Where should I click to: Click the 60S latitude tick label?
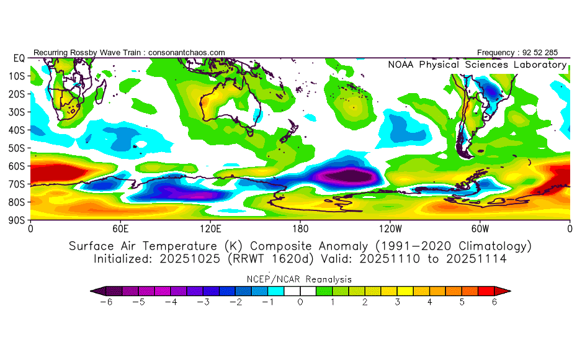pos(17,166)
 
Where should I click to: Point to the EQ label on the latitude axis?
pos(19,58)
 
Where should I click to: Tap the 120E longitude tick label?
pos(210,228)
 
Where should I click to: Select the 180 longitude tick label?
pos(300,228)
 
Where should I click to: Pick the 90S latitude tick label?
pos(17,220)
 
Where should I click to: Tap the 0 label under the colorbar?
pos(300,302)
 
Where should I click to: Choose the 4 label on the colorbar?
pos(429,302)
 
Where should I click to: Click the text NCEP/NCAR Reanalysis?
pos(300,279)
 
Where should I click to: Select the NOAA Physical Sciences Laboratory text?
pos(476,65)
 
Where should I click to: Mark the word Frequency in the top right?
pos(498,52)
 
